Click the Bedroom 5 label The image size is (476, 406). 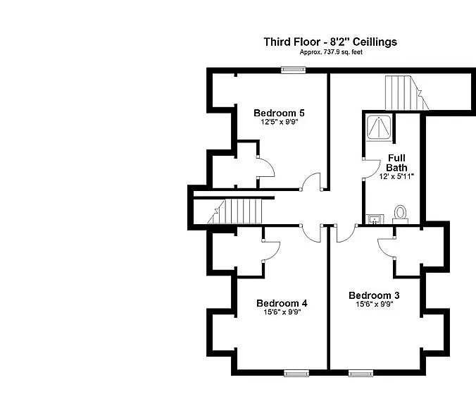[279, 113]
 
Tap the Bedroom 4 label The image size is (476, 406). [282, 303]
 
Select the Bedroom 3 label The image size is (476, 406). [374, 295]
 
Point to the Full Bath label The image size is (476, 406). [396, 163]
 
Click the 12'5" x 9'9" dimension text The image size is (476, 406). [280, 122]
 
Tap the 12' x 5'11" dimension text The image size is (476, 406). [396, 176]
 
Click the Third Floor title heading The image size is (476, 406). [330, 42]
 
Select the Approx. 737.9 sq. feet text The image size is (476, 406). [331, 52]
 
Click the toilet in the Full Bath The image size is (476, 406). [401, 214]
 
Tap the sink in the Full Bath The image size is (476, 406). [376, 219]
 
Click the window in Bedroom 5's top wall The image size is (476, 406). [293, 70]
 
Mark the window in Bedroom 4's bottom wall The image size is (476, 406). [296, 373]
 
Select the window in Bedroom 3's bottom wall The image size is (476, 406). [361, 373]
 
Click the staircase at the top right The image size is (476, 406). [407, 93]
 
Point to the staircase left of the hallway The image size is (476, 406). [234, 211]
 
